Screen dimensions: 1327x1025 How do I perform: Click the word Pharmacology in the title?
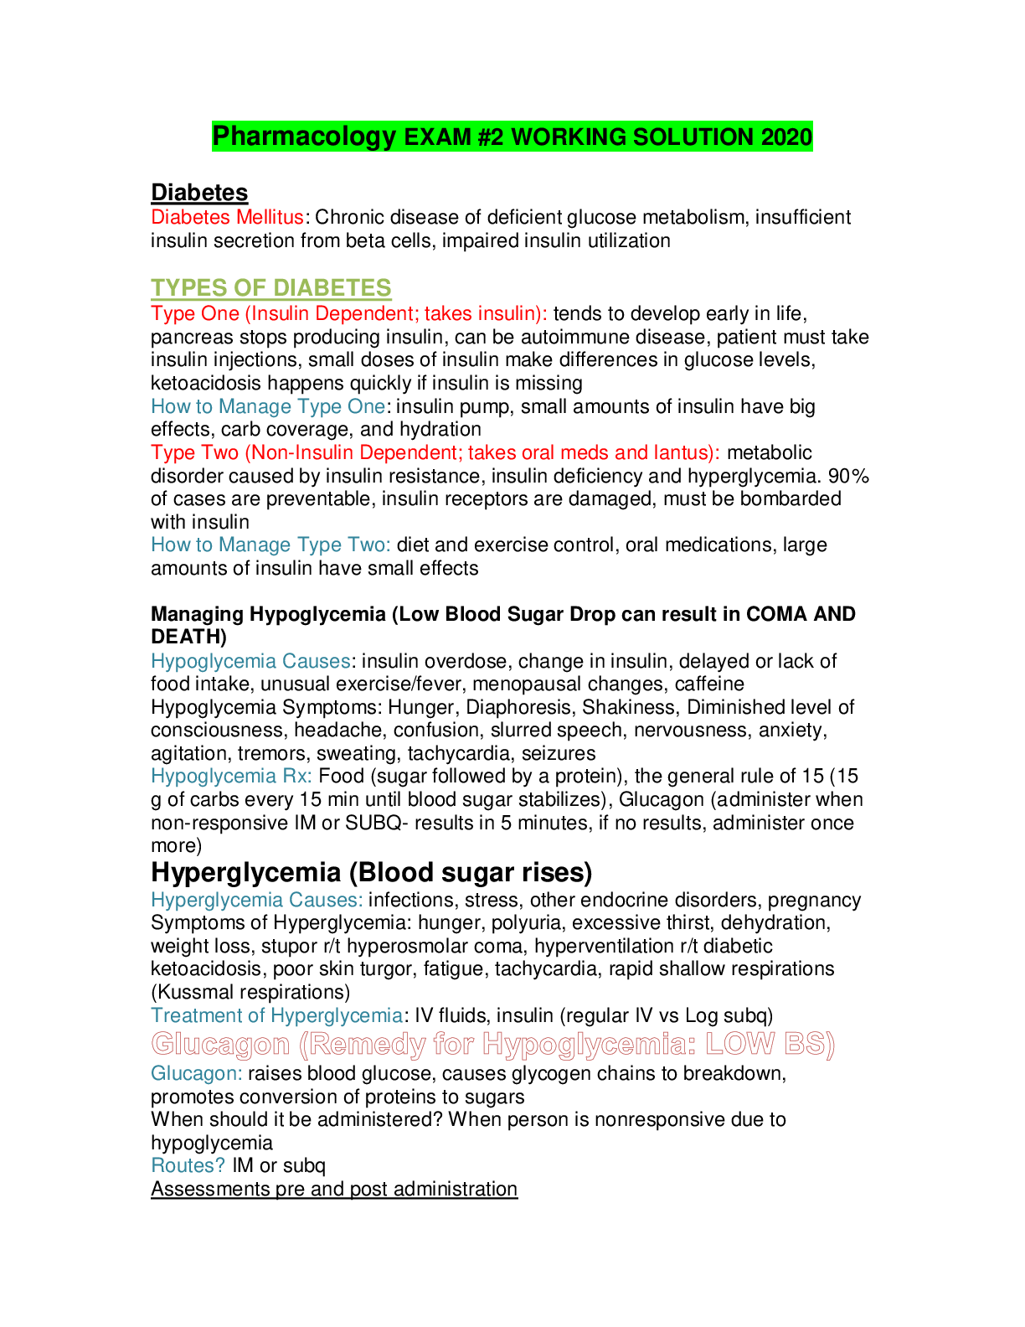click(304, 137)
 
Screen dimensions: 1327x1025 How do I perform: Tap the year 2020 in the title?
click(786, 137)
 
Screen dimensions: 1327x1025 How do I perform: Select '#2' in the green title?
click(491, 137)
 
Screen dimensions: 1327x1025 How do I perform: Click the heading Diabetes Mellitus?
click(227, 217)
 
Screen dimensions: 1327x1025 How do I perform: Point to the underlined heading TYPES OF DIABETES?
click(271, 287)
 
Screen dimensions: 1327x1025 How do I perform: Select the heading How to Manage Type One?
click(268, 406)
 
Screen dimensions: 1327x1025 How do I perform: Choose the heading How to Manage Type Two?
click(270, 545)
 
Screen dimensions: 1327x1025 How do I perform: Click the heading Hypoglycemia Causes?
click(250, 661)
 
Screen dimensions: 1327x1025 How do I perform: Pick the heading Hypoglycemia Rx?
click(231, 776)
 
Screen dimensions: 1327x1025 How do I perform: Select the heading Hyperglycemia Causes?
click(256, 900)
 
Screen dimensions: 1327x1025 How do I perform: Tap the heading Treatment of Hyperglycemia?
click(276, 1015)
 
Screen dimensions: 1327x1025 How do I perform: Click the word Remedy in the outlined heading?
click(362, 1044)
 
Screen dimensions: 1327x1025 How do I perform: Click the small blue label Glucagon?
click(196, 1073)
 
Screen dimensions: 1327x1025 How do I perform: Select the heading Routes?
click(188, 1165)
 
